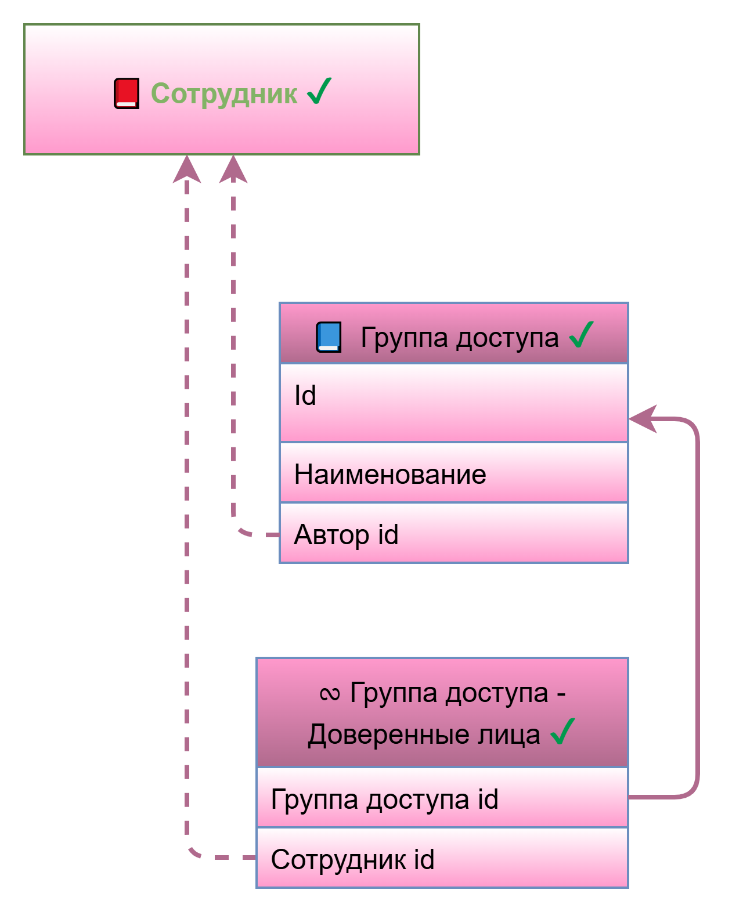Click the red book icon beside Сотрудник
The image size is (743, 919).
pos(126,93)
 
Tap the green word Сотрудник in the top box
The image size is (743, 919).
pos(224,93)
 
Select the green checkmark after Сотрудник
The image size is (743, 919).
pos(319,91)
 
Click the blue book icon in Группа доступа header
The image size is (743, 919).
pos(329,338)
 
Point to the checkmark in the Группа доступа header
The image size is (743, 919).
pos(581,335)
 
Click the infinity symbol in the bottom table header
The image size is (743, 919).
pos(330,694)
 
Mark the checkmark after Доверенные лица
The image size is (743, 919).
pos(562,732)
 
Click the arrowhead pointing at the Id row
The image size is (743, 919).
pos(643,418)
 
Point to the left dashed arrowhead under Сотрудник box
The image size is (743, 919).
pos(187,169)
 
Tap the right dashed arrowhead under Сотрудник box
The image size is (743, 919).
pos(233,169)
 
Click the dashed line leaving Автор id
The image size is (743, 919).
pos(233,406)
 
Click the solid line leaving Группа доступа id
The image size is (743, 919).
pos(697,609)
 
